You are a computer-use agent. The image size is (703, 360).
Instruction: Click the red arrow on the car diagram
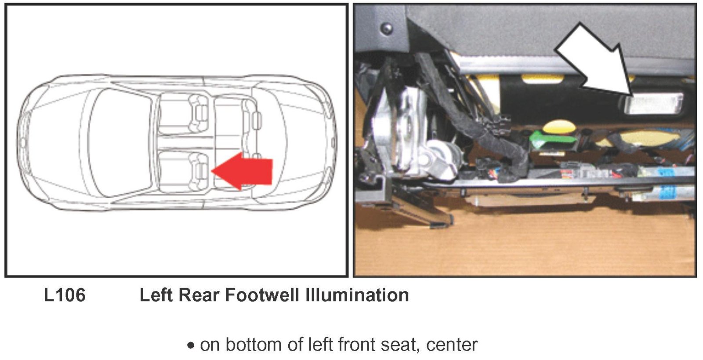coord(242,171)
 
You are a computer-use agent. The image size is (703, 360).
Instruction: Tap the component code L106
coord(65,295)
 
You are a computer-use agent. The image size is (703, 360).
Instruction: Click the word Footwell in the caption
coord(262,295)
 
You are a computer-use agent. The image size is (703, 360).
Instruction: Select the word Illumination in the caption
coord(357,295)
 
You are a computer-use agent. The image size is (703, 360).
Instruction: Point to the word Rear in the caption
coord(198,295)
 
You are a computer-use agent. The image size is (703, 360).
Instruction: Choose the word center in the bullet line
coord(452,345)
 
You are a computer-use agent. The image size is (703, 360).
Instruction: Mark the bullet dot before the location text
coord(191,345)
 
